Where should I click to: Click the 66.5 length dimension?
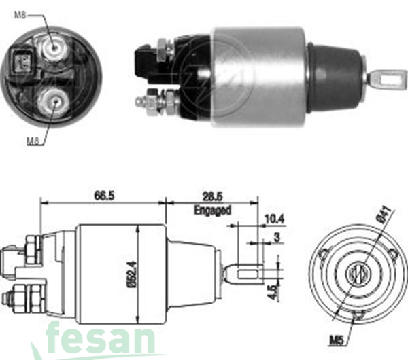coord(104,196)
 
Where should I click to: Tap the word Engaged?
coord(213,211)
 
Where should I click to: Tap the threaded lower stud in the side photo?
coord(153,103)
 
